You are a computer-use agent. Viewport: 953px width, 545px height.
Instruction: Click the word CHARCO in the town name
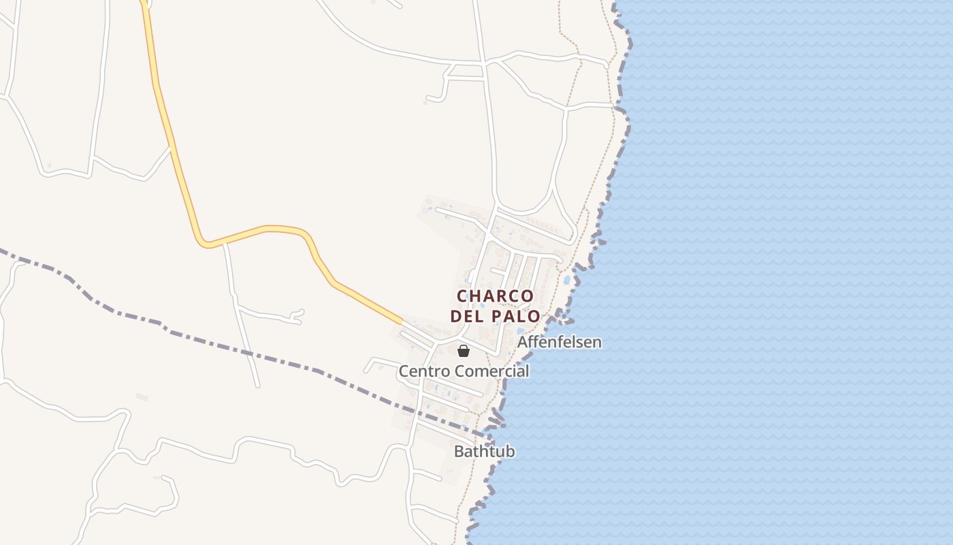[495, 296]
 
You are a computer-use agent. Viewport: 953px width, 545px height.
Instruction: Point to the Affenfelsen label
[560, 342]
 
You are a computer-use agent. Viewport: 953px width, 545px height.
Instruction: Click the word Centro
[424, 372]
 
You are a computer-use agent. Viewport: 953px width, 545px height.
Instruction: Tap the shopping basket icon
[464, 351]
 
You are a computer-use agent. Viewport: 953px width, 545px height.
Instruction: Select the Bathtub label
[484, 452]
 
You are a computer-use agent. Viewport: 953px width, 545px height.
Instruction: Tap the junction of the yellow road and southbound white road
[225, 241]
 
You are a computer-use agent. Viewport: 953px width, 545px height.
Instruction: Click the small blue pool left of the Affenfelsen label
[521, 331]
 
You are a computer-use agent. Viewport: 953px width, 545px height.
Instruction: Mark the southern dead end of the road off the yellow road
[257, 386]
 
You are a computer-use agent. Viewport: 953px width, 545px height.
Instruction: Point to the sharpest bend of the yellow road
[203, 243]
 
